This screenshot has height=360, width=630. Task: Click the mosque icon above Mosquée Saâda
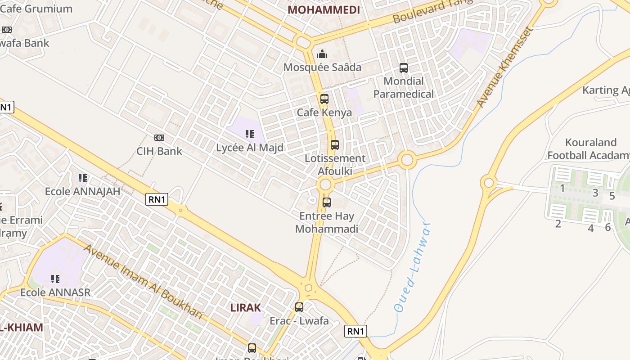pos(322,54)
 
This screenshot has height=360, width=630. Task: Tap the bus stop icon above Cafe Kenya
pos(324,99)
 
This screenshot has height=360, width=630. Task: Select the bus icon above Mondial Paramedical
pos(404,68)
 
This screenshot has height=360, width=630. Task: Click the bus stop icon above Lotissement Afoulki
pos(334,145)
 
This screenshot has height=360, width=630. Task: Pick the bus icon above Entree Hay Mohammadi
pos(327,202)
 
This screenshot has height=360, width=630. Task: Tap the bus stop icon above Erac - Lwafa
pos(299,308)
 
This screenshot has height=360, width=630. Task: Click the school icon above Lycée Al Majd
pos(249,134)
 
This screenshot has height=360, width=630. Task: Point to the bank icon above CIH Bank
pos(159,138)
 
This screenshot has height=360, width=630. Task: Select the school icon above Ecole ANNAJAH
pos(83,178)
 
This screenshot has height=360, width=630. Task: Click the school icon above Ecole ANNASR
pos(55,279)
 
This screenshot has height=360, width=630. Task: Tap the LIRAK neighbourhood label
pos(246,308)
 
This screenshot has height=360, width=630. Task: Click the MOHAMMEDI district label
pos(324,10)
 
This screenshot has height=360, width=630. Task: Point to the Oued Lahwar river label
pos(411,267)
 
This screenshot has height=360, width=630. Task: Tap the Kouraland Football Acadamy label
pos(589,149)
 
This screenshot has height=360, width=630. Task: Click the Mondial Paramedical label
pos(404,88)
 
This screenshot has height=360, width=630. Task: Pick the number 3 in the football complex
pos(595,193)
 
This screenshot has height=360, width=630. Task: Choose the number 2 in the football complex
pos(558,224)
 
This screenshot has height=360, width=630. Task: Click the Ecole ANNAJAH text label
pos(83,192)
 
